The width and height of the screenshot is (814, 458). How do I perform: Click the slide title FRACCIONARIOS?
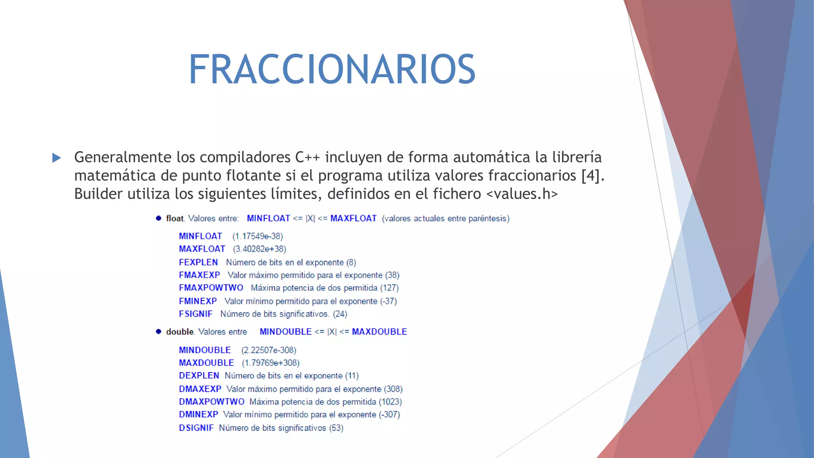(332, 70)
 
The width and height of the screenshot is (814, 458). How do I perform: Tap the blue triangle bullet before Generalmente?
(57, 158)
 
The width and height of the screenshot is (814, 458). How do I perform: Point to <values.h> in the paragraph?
(522, 194)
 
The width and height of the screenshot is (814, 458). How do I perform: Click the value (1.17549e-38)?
(258, 236)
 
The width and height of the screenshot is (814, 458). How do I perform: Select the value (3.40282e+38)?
(260, 249)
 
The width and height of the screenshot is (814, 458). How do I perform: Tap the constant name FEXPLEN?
(198, 262)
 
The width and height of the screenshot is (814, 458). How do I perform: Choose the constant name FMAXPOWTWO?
(211, 288)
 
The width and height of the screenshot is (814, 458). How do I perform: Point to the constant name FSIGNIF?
(196, 314)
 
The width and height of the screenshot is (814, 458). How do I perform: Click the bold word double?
(180, 332)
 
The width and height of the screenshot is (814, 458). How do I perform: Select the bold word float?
(175, 218)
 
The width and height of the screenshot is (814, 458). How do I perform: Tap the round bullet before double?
(159, 332)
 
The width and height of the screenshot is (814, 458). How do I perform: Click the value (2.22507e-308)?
(269, 350)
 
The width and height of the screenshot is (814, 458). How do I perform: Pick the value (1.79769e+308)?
(271, 363)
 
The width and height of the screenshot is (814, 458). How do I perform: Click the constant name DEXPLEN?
(199, 376)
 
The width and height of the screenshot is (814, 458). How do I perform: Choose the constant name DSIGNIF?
(196, 428)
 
